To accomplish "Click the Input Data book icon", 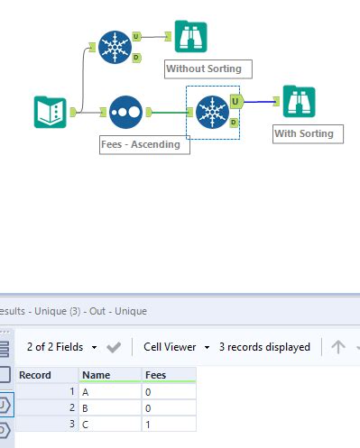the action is tap(51, 112).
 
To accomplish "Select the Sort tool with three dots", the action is tap(126, 112).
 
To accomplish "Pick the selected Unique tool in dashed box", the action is tap(212, 112).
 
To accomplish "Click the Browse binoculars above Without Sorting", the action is tap(191, 37).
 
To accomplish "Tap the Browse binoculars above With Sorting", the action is tap(299, 102).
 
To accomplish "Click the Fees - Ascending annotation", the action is tap(145, 144).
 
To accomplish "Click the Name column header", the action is tap(108, 375).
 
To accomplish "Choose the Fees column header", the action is tap(168, 375).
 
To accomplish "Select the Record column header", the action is tap(46, 375).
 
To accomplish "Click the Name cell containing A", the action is tap(108, 391).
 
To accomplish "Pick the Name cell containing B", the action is tap(108, 407).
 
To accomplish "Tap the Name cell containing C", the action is tap(108, 424).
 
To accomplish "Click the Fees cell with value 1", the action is tap(168, 424).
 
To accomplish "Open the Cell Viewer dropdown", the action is tap(177, 347).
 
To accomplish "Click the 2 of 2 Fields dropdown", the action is tap(61, 347).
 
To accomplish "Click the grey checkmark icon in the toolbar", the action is tap(114, 347).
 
